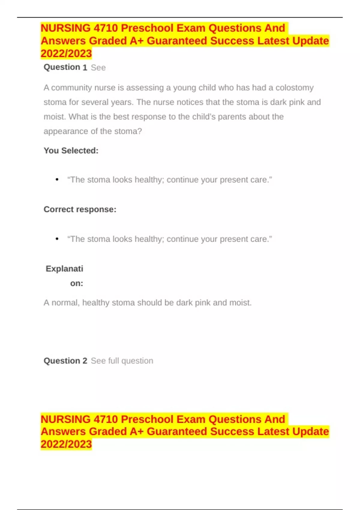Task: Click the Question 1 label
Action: tap(65, 67)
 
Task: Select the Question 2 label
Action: tap(65, 361)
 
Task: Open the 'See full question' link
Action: tap(122, 361)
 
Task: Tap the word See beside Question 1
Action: tap(98, 67)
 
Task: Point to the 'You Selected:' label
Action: tap(71, 151)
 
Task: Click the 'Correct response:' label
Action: tap(80, 209)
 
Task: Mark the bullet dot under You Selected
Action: tap(57, 180)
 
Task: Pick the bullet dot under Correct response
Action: tap(57, 239)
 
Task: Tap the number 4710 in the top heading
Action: tap(106, 28)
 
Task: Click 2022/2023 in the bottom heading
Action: tap(66, 444)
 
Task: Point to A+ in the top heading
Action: tap(136, 41)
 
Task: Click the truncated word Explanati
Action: tap(64, 268)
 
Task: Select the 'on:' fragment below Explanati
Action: tap(76, 283)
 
